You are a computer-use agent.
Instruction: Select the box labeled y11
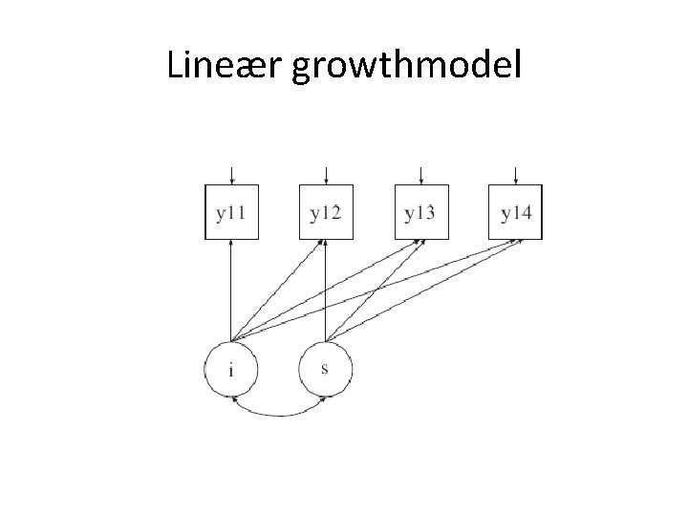pyautogui.click(x=231, y=212)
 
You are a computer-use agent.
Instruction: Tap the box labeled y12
pyautogui.click(x=326, y=212)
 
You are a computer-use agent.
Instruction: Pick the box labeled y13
pyautogui.click(x=420, y=212)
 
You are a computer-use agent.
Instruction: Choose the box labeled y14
pyautogui.click(x=515, y=212)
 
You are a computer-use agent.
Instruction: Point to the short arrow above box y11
pyautogui.click(x=231, y=174)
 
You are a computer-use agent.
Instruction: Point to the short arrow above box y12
pyautogui.click(x=326, y=174)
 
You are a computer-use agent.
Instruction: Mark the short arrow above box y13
pyautogui.click(x=420, y=174)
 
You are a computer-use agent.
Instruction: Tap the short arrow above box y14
pyautogui.click(x=515, y=174)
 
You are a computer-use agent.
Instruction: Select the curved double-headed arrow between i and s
pyautogui.click(x=278, y=413)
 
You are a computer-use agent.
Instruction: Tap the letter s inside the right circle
pyautogui.click(x=325, y=369)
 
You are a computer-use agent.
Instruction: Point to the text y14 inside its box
pyautogui.click(x=516, y=212)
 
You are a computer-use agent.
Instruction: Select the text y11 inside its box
pyautogui.click(x=231, y=212)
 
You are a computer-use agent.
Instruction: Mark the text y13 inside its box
pyautogui.click(x=420, y=212)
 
